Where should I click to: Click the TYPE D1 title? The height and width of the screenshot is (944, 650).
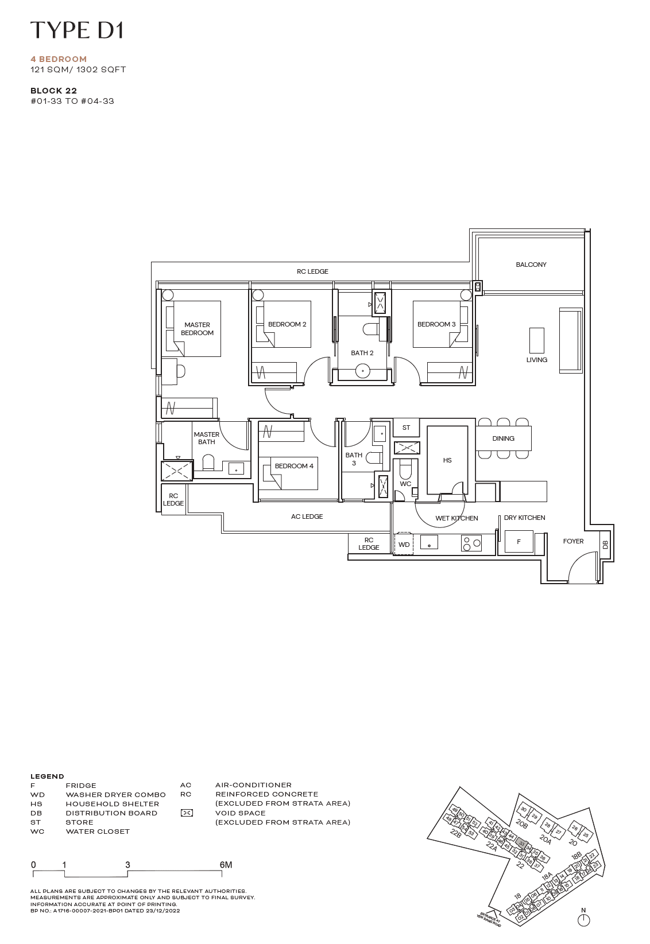[x=77, y=30]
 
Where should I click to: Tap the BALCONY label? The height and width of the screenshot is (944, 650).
[x=531, y=265]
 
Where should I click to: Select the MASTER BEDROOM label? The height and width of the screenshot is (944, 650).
[x=197, y=329]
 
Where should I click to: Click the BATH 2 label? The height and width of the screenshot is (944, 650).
[x=362, y=353]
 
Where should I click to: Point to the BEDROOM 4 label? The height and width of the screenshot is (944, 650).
[x=294, y=466]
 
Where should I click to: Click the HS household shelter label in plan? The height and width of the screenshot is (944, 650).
[x=447, y=460]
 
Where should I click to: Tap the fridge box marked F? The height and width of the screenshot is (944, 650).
[x=519, y=542]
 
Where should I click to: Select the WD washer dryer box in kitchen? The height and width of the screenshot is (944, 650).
[x=404, y=545]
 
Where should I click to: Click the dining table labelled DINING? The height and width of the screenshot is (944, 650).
[x=503, y=438]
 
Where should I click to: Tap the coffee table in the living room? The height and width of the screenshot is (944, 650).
[x=536, y=340]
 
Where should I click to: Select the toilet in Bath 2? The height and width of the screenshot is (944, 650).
[x=370, y=329]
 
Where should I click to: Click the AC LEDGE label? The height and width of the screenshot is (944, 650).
[x=307, y=516]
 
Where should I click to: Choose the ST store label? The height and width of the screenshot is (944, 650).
[x=406, y=428]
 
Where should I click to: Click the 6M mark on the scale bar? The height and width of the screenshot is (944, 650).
[x=226, y=865]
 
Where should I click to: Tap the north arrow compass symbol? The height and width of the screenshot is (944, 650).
[x=583, y=919]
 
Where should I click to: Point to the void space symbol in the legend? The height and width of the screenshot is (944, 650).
[x=187, y=813]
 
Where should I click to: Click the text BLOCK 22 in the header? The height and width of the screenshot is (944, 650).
[x=53, y=91]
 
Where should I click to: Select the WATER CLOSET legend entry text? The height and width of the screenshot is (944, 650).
[x=98, y=832]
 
